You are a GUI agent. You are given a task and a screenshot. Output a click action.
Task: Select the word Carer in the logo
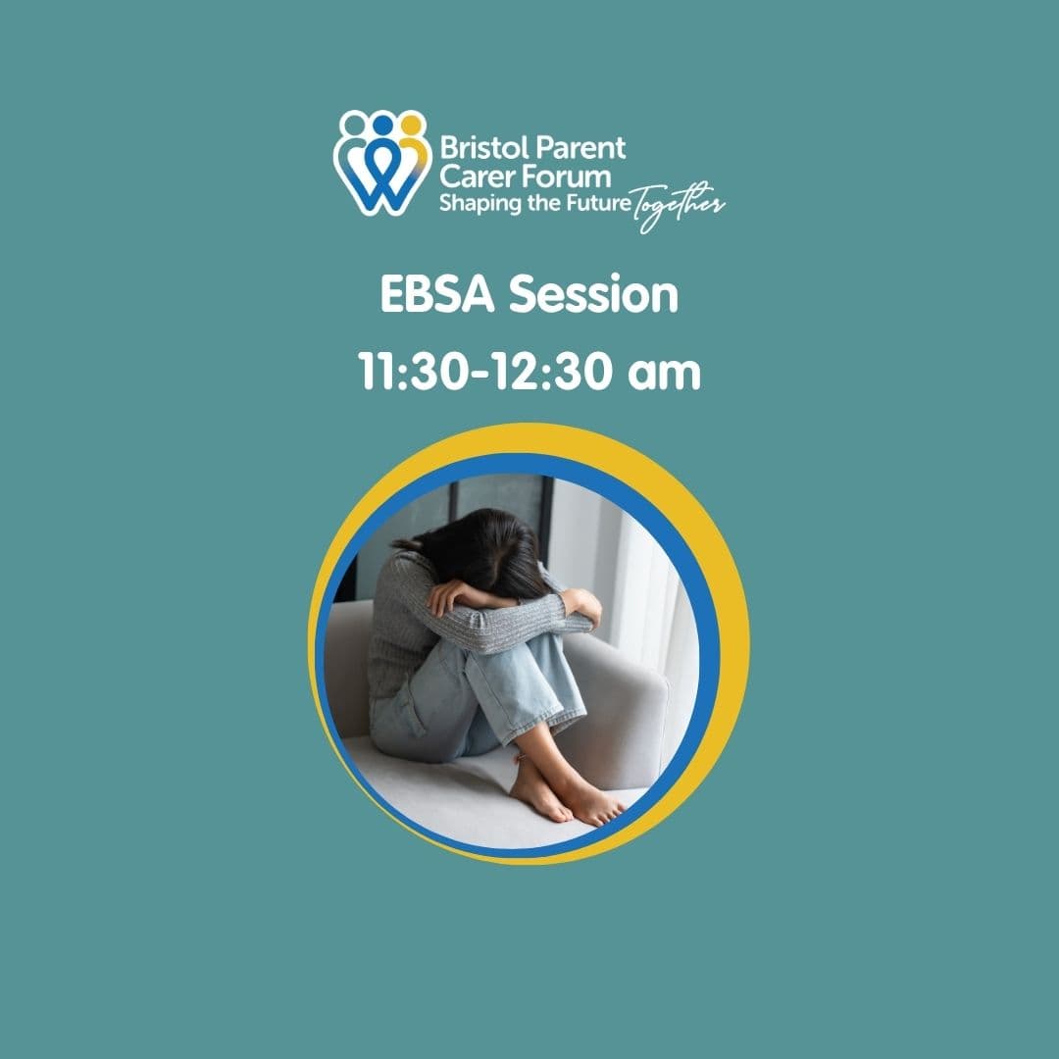tap(476, 176)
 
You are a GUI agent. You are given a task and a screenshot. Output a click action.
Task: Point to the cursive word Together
tap(678, 205)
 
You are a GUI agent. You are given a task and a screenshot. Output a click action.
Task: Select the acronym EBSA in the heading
tap(437, 294)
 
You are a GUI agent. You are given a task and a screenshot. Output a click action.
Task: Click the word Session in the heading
tap(593, 295)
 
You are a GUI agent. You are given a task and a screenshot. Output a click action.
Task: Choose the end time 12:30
tap(550, 372)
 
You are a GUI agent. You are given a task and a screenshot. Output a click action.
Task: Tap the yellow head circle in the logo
tap(411, 125)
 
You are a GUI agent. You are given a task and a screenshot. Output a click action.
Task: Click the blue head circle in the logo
tap(382, 125)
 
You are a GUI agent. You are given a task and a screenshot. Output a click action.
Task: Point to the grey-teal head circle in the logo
tap(353, 125)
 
